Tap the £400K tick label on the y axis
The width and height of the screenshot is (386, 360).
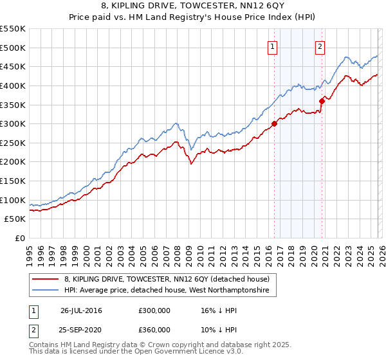point(13,85)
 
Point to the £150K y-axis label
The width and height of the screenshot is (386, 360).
point(13,181)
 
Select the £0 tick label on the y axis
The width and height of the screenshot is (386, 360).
point(19,239)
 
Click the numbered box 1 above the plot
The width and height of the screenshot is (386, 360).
point(272,46)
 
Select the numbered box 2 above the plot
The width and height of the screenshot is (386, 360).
point(320,46)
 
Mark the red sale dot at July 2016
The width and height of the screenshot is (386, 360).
point(274,123)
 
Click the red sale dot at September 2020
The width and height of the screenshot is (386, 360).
point(322,100)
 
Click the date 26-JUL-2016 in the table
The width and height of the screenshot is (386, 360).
point(81,310)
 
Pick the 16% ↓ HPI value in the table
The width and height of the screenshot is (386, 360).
point(217,310)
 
